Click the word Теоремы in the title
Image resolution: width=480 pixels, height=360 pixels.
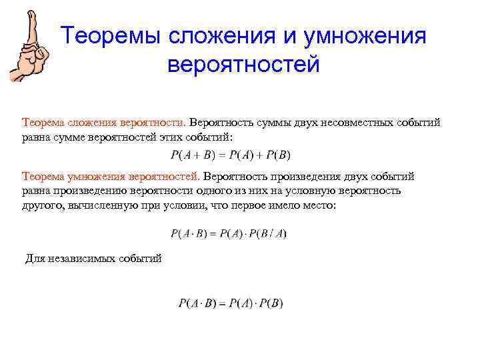click(114, 37)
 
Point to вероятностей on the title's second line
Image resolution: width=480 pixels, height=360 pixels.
click(244, 65)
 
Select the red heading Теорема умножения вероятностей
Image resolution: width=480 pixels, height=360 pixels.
click(111, 177)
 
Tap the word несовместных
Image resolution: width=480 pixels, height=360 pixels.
click(361, 123)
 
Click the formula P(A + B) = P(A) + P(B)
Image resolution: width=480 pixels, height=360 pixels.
click(231, 155)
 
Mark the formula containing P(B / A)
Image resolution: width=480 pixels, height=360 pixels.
click(229, 233)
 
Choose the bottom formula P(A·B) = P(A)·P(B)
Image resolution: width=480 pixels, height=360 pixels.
click(231, 303)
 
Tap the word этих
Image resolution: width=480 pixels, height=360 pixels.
click(183, 137)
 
